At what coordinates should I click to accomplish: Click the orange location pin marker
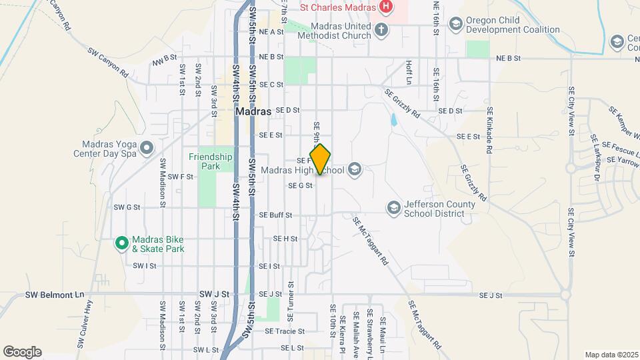320,159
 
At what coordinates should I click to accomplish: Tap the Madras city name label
253,112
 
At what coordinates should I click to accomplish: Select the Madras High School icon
355,169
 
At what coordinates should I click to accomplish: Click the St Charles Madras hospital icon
385,7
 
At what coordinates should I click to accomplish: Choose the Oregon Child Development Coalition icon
455,24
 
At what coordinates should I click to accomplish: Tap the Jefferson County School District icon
393,208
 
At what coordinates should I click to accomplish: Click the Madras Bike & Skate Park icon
121,243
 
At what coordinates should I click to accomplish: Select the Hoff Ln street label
409,71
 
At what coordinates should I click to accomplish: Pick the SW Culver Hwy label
88,329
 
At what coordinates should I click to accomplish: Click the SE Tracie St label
285,331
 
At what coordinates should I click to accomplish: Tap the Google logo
22,352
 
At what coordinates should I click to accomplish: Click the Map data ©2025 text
610,355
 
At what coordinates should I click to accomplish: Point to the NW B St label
164,61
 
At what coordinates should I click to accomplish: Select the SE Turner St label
291,294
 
